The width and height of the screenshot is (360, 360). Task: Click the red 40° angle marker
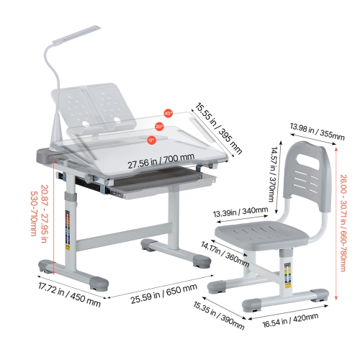click(x=168, y=114)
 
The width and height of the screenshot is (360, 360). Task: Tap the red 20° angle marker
click(x=159, y=127)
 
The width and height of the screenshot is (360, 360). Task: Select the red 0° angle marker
click(x=151, y=140)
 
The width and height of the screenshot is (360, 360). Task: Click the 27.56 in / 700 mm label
click(x=161, y=161)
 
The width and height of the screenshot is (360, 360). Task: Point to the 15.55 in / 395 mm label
click(x=218, y=128)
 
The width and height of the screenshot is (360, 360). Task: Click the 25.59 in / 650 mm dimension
click(x=164, y=293)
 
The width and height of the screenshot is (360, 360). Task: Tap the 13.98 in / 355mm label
click(x=318, y=132)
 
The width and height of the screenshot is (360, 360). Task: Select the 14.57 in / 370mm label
click(x=273, y=174)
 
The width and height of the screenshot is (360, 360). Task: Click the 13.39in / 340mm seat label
click(x=240, y=212)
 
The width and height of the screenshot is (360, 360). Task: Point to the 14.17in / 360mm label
click(x=225, y=254)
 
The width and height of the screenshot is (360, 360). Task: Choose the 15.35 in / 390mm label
click(x=219, y=315)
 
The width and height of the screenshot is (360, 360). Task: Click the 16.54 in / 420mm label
click(x=290, y=320)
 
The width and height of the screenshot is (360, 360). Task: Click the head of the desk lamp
click(x=76, y=35)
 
